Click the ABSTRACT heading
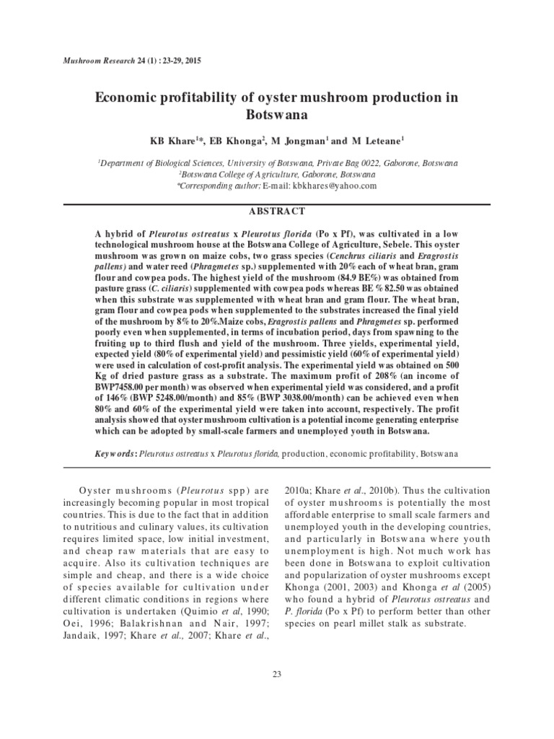(x=277, y=211)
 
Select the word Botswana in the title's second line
(x=277, y=115)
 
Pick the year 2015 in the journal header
(x=193, y=59)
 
